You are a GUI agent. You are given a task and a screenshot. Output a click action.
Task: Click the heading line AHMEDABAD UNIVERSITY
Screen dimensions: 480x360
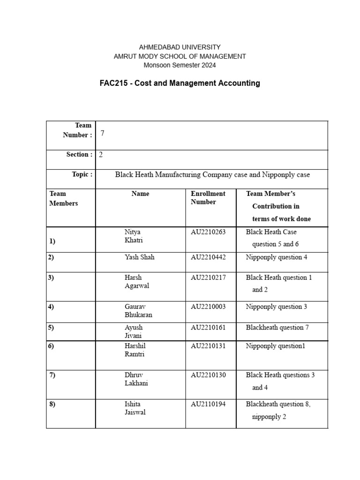click(x=180, y=47)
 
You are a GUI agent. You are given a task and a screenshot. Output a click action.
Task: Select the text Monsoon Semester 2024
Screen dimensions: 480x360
click(x=180, y=65)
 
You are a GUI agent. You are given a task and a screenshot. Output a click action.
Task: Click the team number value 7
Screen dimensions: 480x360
click(x=102, y=133)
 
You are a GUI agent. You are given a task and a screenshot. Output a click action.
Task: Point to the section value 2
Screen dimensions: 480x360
click(x=101, y=155)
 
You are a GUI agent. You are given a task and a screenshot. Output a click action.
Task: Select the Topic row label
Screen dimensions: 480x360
click(x=82, y=174)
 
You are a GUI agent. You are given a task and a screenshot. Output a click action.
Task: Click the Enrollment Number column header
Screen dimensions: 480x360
click(x=208, y=198)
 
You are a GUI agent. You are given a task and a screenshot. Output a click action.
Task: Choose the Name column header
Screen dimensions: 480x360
click(x=140, y=194)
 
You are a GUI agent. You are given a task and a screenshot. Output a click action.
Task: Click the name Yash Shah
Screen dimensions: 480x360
click(x=139, y=257)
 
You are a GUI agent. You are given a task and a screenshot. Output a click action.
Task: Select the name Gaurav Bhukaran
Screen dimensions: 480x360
click(x=138, y=311)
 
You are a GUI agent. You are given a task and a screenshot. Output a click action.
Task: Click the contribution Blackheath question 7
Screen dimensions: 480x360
click(x=277, y=328)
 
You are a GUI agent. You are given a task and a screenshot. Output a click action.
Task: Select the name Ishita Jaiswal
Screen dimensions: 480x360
click(x=135, y=408)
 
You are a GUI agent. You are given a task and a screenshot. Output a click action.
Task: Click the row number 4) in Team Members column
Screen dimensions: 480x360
click(x=51, y=307)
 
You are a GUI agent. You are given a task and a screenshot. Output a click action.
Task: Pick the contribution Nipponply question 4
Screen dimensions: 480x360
click(x=277, y=257)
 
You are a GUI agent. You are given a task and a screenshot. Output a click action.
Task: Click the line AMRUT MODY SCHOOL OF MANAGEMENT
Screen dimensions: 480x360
click(x=180, y=56)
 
